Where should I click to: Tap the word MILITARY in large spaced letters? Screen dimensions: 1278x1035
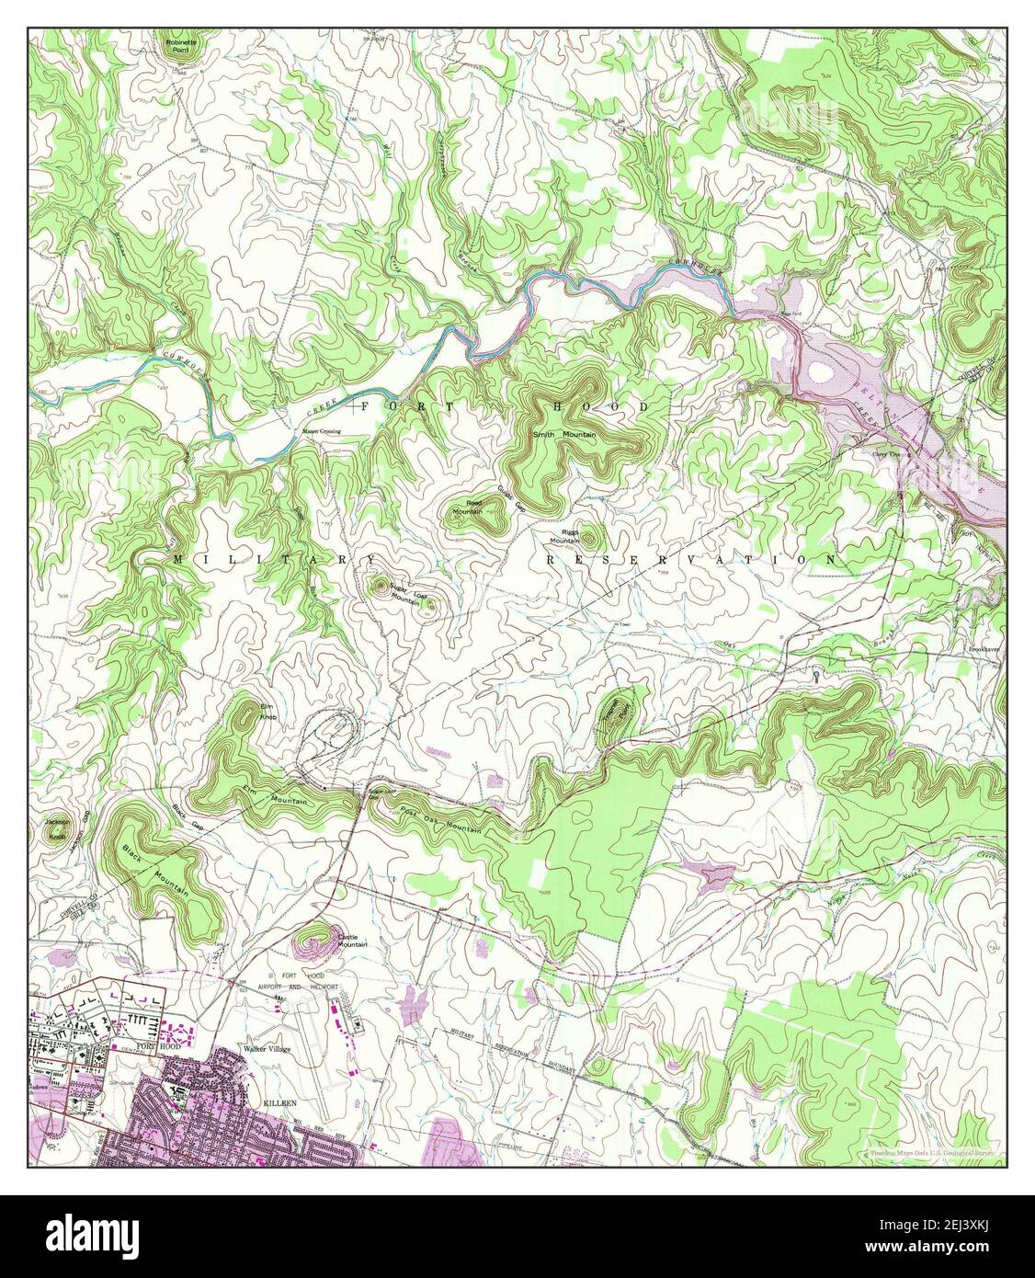274,559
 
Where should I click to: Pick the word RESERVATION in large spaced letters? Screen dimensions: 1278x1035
691,559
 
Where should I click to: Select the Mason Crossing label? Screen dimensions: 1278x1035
317,431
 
